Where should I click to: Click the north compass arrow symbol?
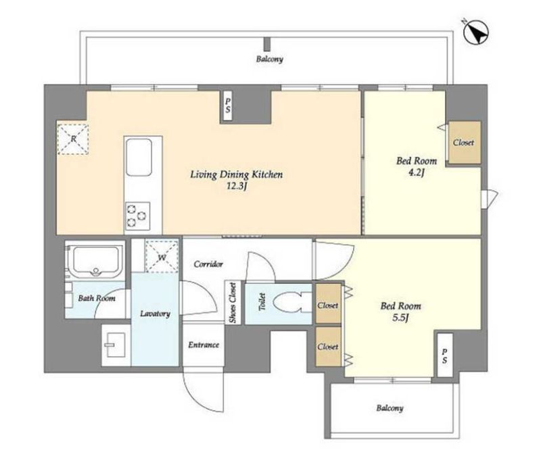(476, 32)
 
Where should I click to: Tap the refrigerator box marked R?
(73, 139)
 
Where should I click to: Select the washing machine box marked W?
(162, 257)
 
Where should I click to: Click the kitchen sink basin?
(139, 157)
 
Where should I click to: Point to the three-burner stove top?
(138, 216)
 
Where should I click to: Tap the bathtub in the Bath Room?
(95, 261)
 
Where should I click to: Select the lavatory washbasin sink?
(114, 345)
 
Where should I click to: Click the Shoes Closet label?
(233, 303)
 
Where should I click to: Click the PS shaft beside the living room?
(228, 105)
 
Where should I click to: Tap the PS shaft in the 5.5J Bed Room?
(445, 355)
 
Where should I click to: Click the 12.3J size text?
(237, 187)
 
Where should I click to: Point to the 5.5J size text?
(400, 318)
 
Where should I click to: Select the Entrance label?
(204, 345)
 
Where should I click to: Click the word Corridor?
(208, 264)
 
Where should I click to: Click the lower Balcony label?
(390, 408)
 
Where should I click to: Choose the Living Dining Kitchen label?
(237, 174)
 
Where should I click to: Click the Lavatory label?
(155, 314)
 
